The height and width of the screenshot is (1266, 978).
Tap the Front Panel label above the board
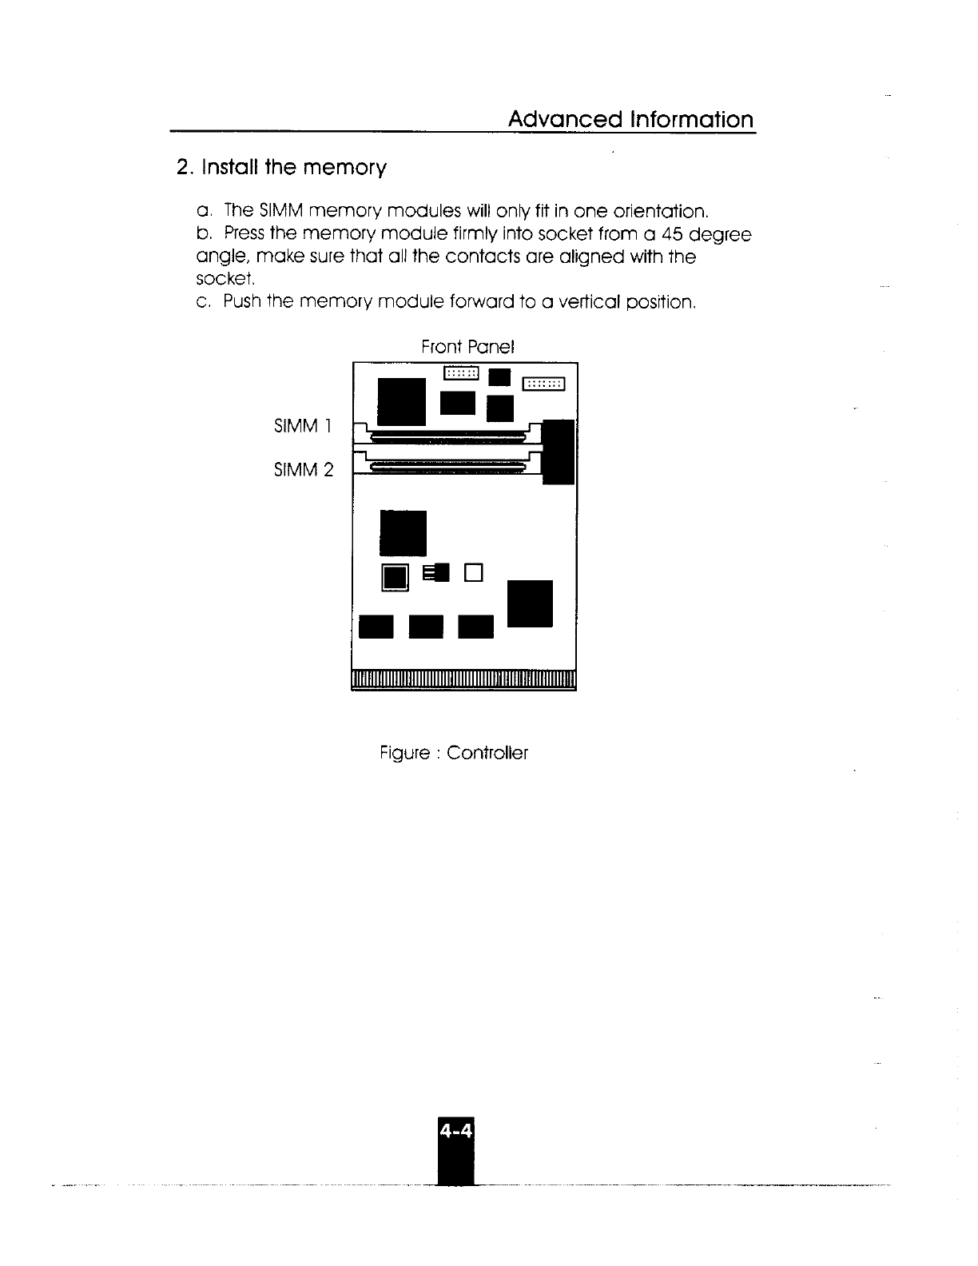467,347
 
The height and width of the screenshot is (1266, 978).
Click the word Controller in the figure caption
487,753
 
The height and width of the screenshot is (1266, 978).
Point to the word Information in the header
692,120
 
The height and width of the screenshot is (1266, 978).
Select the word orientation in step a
661,212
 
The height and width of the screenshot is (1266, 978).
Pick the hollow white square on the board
475,572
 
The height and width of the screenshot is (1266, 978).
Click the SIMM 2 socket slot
447,466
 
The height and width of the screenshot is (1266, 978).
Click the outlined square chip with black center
396,577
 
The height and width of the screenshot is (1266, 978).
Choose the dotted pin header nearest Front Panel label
461,372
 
